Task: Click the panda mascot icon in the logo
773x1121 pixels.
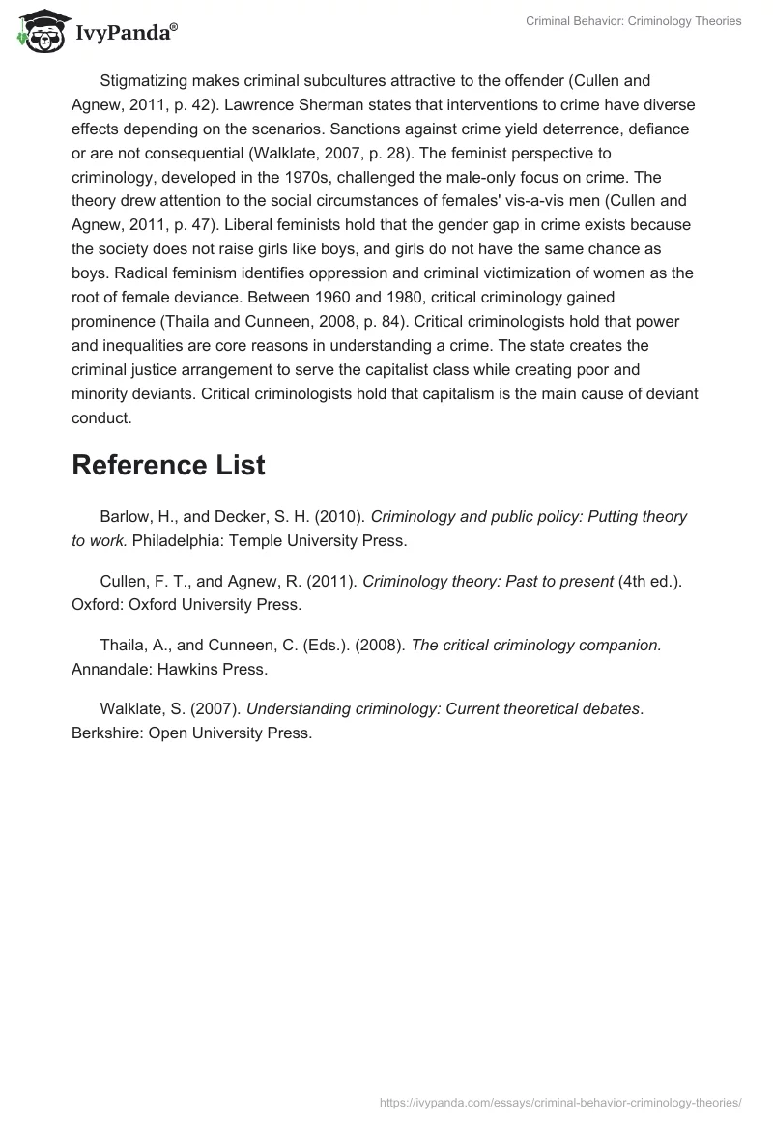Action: pos(36,31)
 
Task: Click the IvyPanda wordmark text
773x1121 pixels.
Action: pos(126,34)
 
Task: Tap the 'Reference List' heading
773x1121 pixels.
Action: pos(168,465)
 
